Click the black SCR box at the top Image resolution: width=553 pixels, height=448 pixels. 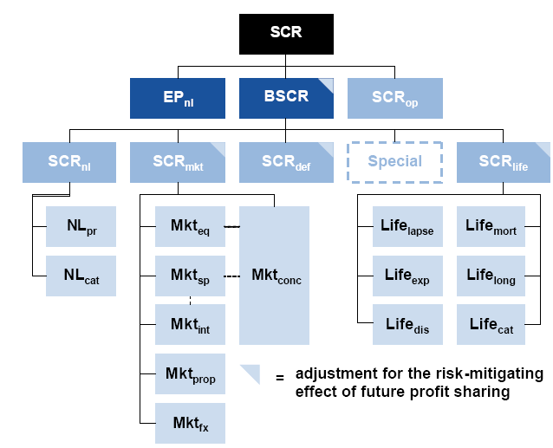[286, 34]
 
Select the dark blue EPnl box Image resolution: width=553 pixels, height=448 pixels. [178, 98]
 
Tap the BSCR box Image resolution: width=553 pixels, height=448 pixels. [286, 98]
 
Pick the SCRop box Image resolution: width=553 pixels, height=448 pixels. [395, 98]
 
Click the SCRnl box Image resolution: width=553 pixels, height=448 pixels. [69, 163]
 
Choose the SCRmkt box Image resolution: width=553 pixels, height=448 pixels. [178, 163]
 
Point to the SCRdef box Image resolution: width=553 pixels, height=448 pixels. [286, 163]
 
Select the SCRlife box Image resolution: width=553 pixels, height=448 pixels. [504, 163]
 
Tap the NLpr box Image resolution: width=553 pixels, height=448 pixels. [81, 227]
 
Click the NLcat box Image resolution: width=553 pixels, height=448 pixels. [81, 276]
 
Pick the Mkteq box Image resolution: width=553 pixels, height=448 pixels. [190, 227]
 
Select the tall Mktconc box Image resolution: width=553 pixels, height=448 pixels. [274, 276]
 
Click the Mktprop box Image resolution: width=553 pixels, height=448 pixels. [190, 374]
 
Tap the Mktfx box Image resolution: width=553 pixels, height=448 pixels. [190, 424]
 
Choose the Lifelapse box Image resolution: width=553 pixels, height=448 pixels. [407, 227]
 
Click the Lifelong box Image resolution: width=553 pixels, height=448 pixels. [491, 276]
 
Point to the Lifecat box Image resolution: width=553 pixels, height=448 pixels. [491, 325]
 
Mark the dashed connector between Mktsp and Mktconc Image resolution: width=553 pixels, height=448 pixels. [231, 276]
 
